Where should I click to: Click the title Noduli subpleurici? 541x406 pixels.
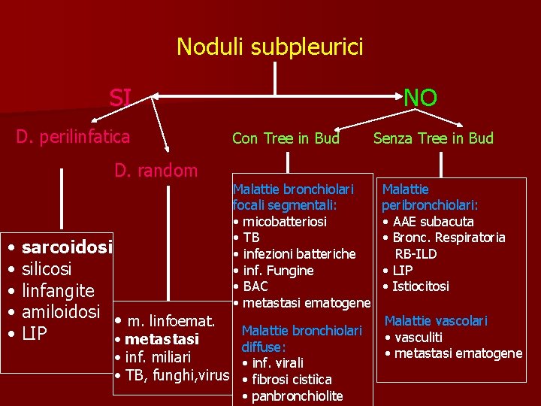[270, 47]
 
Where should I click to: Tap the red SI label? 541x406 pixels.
[120, 97]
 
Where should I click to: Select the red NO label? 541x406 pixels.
[420, 97]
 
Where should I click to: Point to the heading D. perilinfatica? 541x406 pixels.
[74, 137]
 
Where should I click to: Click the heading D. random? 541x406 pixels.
[156, 171]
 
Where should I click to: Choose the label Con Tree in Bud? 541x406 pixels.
[286, 138]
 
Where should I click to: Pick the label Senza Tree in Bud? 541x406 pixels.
[434, 138]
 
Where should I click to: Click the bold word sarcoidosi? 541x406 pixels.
[68, 247]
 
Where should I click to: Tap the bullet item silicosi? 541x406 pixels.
[47, 268]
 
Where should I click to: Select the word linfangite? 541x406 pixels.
[58, 290]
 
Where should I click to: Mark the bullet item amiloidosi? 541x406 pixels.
[61, 311]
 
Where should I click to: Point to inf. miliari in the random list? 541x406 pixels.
[158, 357]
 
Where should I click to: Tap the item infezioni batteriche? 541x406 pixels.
[298, 254]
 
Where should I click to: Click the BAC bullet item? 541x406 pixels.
[255, 286]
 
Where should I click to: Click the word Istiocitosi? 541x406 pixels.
[422, 286]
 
